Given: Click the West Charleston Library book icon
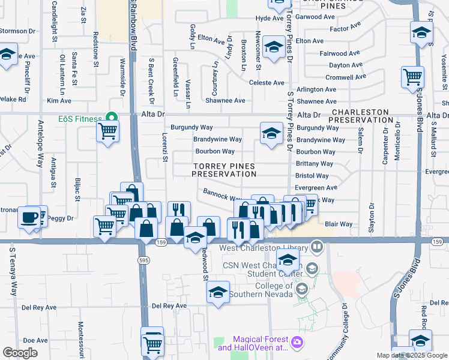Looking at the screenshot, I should tap(316, 247).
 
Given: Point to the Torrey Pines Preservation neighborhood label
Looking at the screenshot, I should tap(224, 170).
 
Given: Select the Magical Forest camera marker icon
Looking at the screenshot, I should tap(297, 343).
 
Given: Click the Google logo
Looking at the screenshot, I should tap(20, 353).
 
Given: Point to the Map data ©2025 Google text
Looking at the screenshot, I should tap(412, 355).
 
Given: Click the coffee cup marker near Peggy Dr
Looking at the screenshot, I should tap(28, 217).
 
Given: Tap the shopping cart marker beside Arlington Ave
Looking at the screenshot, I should tap(412, 77).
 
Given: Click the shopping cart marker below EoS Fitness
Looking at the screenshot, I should tap(107, 131).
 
